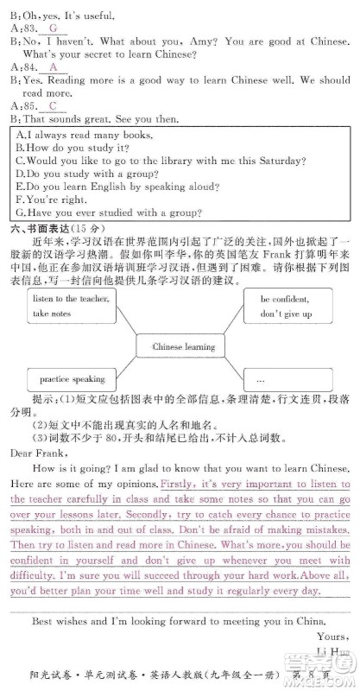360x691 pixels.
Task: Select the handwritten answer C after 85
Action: tap(53, 105)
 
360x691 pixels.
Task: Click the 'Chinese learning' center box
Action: tap(183, 346)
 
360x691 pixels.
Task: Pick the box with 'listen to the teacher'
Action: tap(68, 305)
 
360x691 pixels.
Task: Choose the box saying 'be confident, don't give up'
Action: tap(286, 305)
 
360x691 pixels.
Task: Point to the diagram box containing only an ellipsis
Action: tap(286, 379)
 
